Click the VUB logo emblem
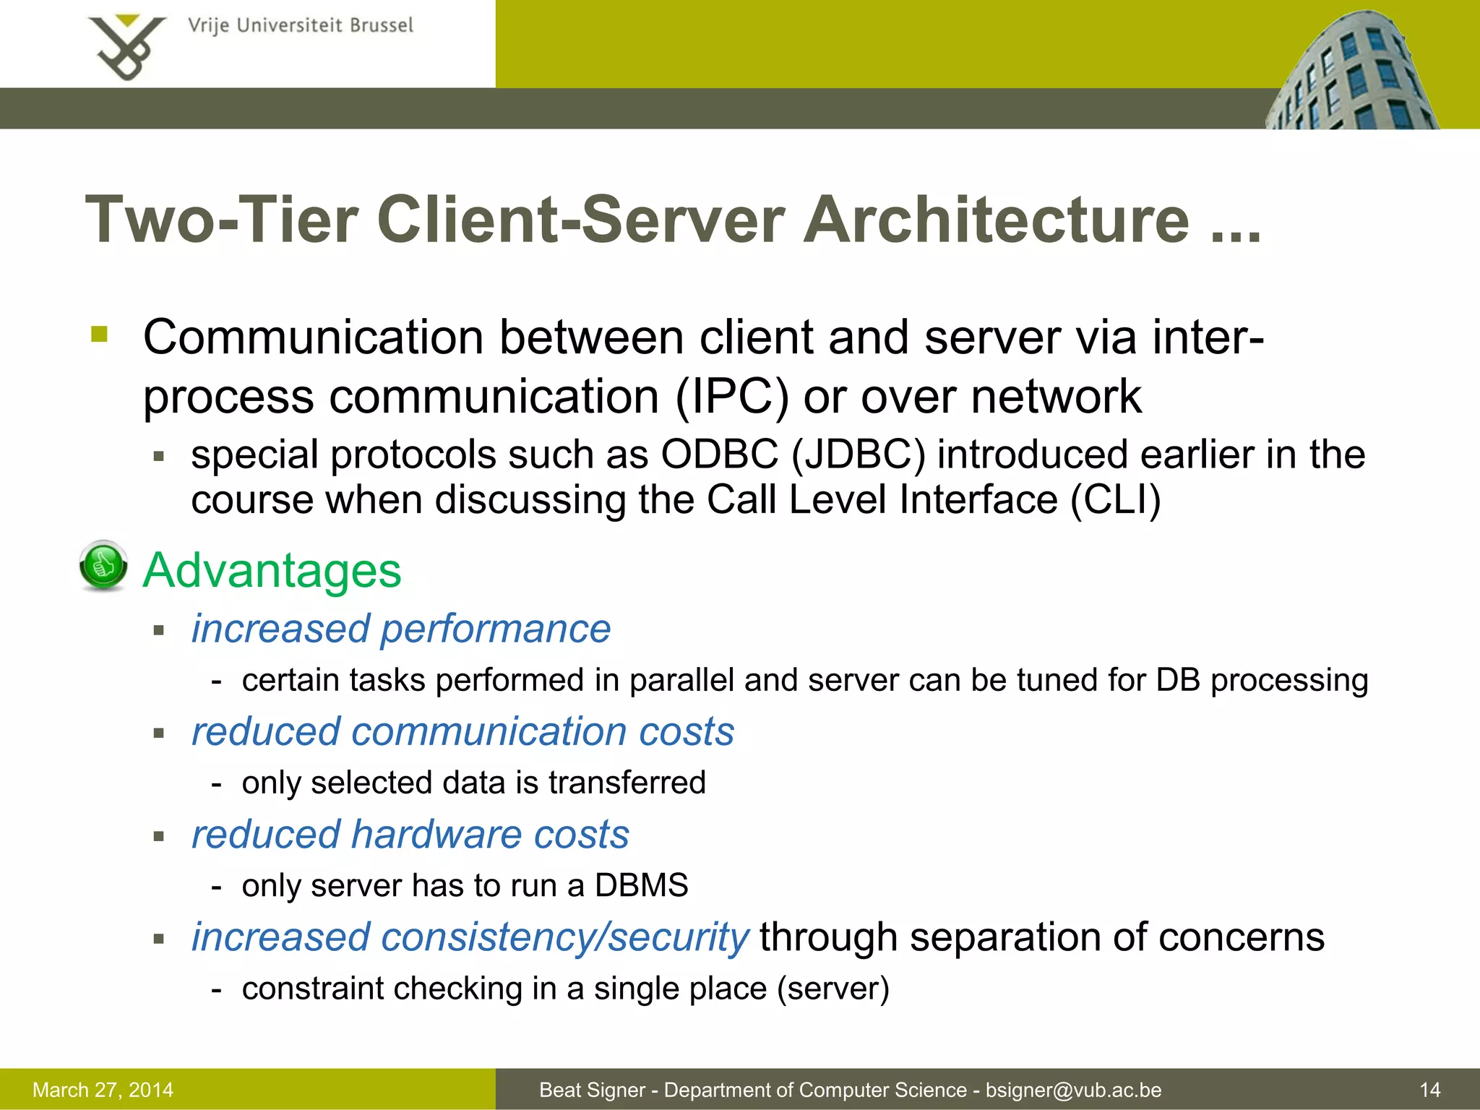127,46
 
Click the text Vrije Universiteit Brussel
300,26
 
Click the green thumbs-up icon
103,565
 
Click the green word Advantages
272,571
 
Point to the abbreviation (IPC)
731,397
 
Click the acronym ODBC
720,455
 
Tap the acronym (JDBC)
859,455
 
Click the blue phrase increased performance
401,629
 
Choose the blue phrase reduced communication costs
462,731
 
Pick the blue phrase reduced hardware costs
410,835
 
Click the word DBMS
641,885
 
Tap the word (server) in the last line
832,989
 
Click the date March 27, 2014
103,1090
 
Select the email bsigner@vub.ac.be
1073,1090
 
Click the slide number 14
1429,1090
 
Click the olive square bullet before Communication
100,335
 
